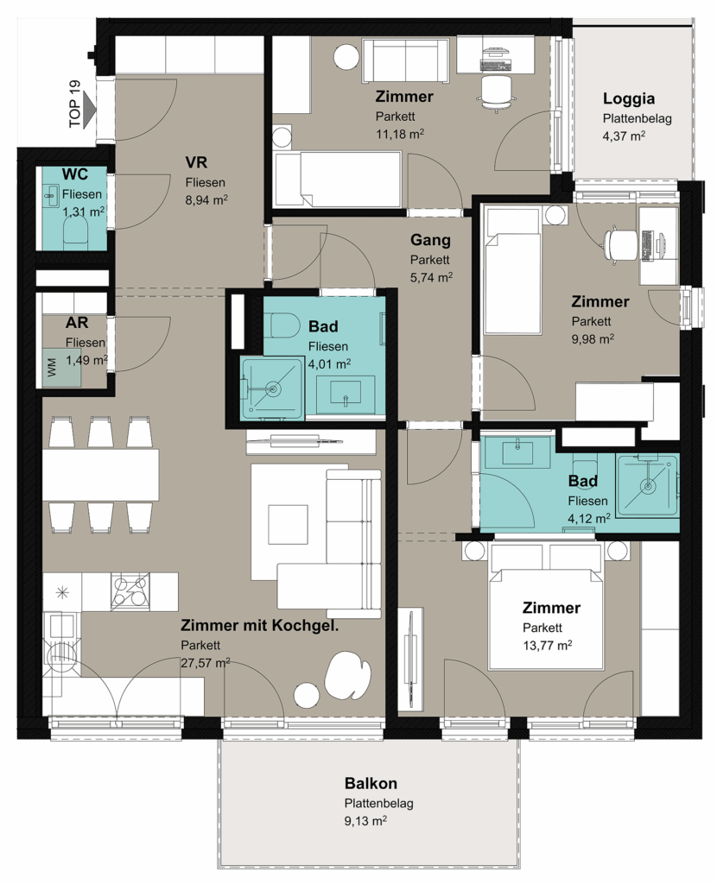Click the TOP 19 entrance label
(x=74, y=104)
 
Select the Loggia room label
(x=628, y=98)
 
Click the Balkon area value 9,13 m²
(x=365, y=820)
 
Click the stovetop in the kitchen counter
(x=130, y=591)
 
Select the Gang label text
(x=430, y=240)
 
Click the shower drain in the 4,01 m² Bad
(x=274, y=388)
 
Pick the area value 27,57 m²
(x=205, y=663)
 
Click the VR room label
(x=196, y=162)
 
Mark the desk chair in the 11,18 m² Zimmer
(x=497, y=92)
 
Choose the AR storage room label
(x=77, y=323)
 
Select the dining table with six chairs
(x=100, y=475)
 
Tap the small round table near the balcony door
(x=306, y=695)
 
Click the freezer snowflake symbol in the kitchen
(x=62, y=592)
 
